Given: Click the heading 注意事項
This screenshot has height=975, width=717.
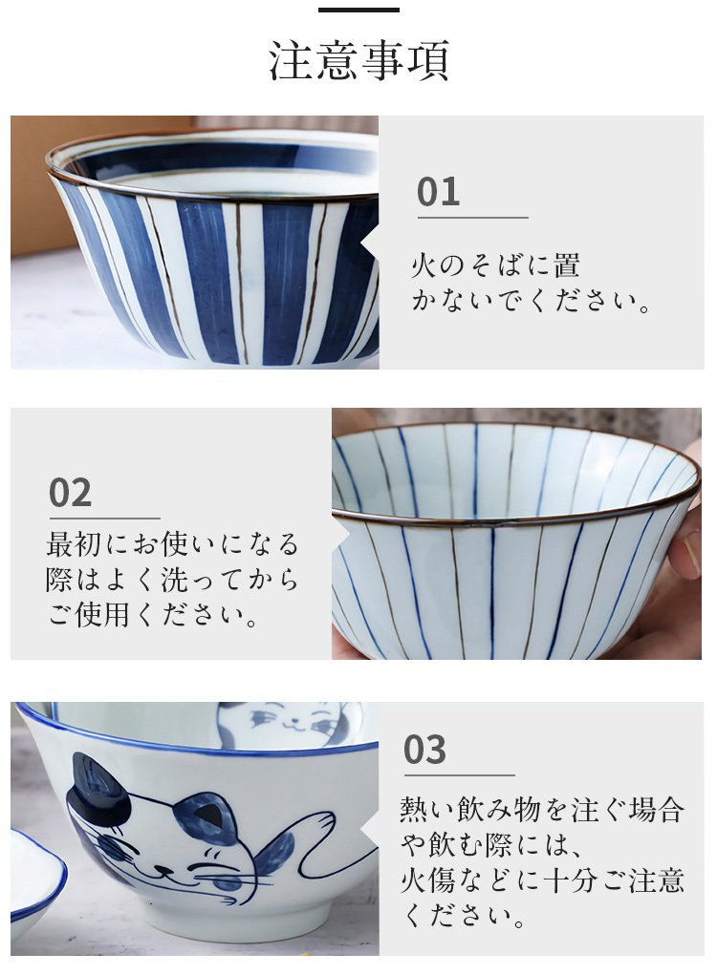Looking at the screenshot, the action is [x=358, y=60].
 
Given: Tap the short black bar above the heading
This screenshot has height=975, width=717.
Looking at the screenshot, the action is [x=358, y=10].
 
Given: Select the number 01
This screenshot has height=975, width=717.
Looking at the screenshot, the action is [x=438, y=192].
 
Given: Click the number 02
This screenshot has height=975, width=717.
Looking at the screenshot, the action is [x=71, y=493].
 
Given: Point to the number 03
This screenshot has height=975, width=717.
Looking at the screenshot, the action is [x=425, y=750].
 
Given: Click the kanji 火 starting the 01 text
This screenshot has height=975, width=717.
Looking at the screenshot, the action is [x=424, y=265].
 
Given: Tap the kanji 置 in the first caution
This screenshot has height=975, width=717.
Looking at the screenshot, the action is [x=566, y=265].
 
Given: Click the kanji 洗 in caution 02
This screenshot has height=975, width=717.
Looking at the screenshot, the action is [x=174, y=580].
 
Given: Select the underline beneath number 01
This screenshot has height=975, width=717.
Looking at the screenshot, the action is [x=472, y=218].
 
